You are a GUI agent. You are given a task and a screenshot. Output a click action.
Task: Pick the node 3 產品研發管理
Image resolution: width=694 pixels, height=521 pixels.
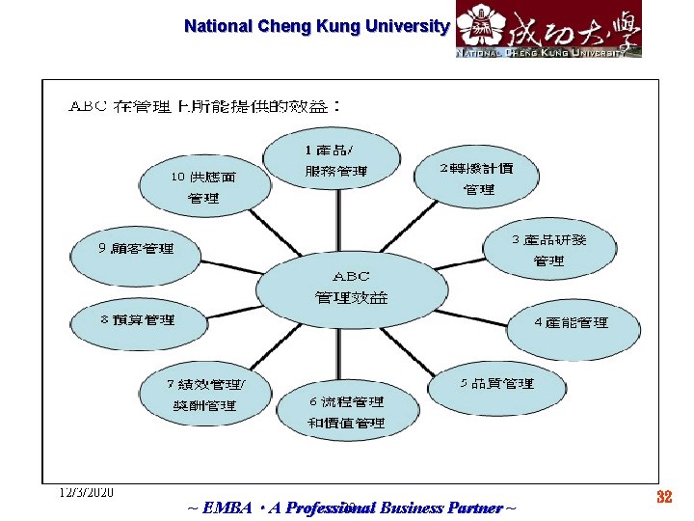point(548,249)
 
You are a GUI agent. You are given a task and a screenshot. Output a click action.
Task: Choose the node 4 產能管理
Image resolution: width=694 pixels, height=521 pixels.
point(572,322)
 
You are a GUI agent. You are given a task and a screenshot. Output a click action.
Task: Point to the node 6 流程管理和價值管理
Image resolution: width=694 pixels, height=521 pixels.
point(347,413)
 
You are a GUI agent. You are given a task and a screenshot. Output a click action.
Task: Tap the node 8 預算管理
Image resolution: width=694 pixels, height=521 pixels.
point(138,319)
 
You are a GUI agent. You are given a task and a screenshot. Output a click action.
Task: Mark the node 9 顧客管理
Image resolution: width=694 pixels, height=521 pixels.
point(136,249)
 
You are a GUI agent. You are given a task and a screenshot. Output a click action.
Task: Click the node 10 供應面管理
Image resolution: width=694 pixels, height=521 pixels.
point(203,187)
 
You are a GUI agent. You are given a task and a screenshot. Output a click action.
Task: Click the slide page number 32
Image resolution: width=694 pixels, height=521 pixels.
point(663,498)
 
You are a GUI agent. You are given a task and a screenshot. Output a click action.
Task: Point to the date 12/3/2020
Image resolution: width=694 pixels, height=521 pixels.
point(85,492)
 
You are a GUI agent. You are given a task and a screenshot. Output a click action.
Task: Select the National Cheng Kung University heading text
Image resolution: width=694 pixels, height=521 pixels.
point(316,26)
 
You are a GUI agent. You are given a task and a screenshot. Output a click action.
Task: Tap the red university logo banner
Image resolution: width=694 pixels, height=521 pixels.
point(547,29)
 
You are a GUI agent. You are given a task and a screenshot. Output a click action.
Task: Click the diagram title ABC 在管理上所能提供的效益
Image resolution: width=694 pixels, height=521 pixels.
point(204,104)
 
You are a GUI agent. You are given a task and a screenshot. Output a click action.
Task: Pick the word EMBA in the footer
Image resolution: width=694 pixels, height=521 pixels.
point(224,507)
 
